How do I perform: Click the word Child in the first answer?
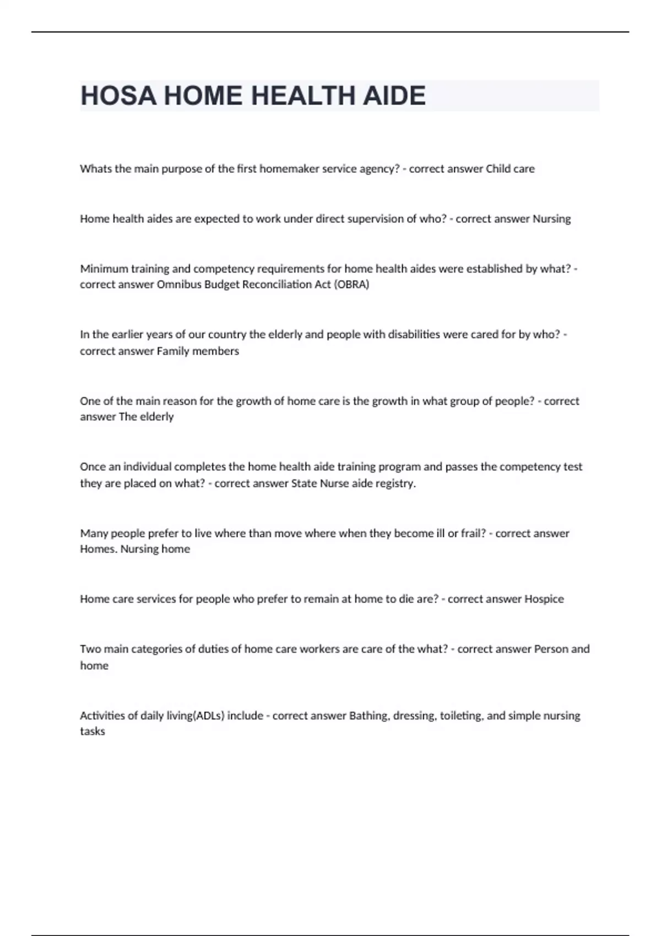pos(498,169)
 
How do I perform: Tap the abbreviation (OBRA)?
pos(351,285)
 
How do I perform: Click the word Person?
pos(551,649)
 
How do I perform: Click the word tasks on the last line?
pos(93,732)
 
